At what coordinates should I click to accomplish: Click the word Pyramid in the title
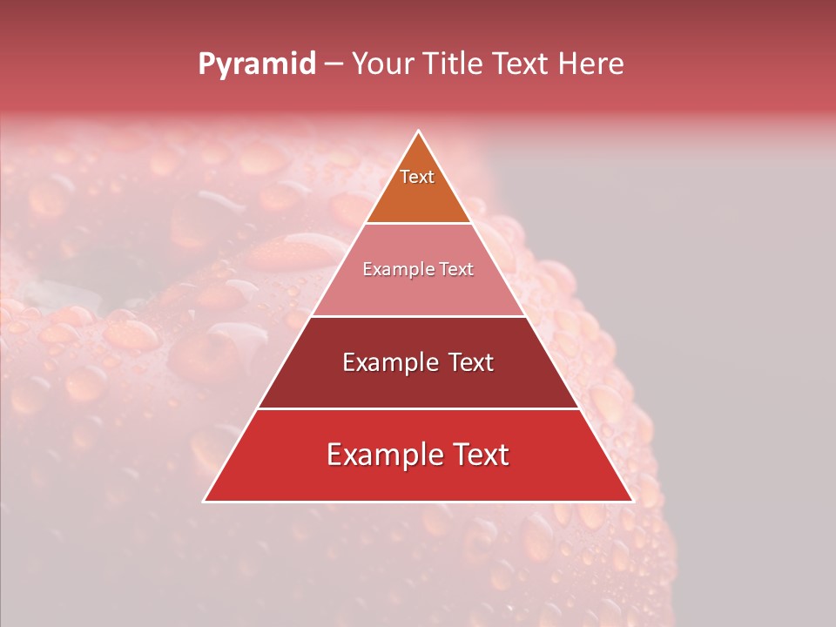pos(256,64)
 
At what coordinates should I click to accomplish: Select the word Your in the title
pos(383,64)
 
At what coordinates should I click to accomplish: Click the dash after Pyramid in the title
pos(334,64)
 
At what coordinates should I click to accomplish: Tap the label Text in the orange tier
pos(417,177)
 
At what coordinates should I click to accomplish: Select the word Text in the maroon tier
pos(469,362)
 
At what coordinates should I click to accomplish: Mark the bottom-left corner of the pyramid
pos(205,501)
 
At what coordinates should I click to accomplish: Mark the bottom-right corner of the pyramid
pos(633,501)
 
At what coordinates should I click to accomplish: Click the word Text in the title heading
pos(521,64)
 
